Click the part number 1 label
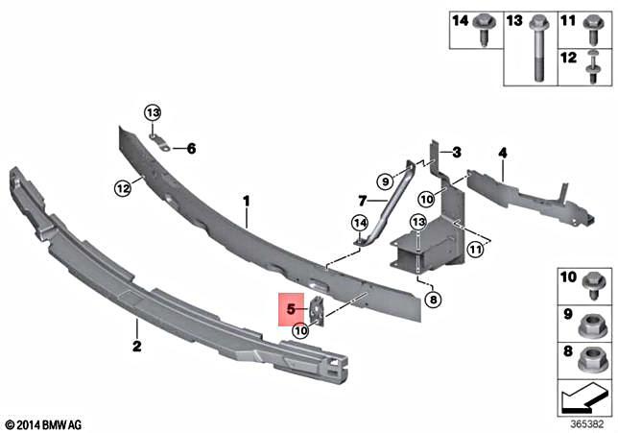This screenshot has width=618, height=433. [246, 202]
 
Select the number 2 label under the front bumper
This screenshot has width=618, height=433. [136, 347]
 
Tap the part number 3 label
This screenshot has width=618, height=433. [457, 152]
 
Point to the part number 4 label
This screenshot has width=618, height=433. [502, 152]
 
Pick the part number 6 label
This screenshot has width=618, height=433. [191, 149]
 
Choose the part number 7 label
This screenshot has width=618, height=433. [363, 201]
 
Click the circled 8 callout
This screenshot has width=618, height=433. [432, 300]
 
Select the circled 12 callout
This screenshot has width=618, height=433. [123, 188]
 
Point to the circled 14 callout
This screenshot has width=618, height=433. [359, 224]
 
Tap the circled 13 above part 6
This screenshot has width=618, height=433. [153, 114]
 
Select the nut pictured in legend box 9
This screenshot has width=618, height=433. [592, 316]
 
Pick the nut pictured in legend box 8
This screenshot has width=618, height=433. [592, 357]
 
